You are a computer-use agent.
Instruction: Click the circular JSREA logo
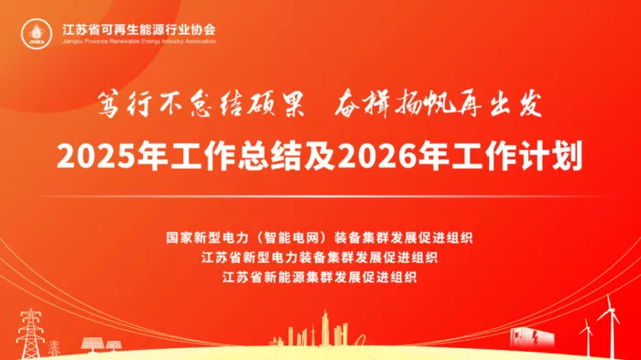[x=37, y=34]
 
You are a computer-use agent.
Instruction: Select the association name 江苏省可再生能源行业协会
[x=139, y=29]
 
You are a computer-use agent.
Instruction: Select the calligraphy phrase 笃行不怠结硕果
[x=201, y=105]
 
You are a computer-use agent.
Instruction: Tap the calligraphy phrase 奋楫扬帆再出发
[x=439, y=104]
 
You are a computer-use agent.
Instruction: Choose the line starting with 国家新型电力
[x=320, y=237]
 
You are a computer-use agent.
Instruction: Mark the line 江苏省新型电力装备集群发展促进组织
[x=320, y=257]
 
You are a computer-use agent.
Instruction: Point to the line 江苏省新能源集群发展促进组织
[x=320, y=278]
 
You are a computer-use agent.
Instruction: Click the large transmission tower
[x=30, y=333]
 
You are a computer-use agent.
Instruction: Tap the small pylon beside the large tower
[x=53, y=347]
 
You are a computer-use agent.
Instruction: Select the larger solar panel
[x=92, y=344]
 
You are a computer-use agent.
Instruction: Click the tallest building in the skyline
[x=325, y=328]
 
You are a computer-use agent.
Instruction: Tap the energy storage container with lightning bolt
[x=532, y=337]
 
